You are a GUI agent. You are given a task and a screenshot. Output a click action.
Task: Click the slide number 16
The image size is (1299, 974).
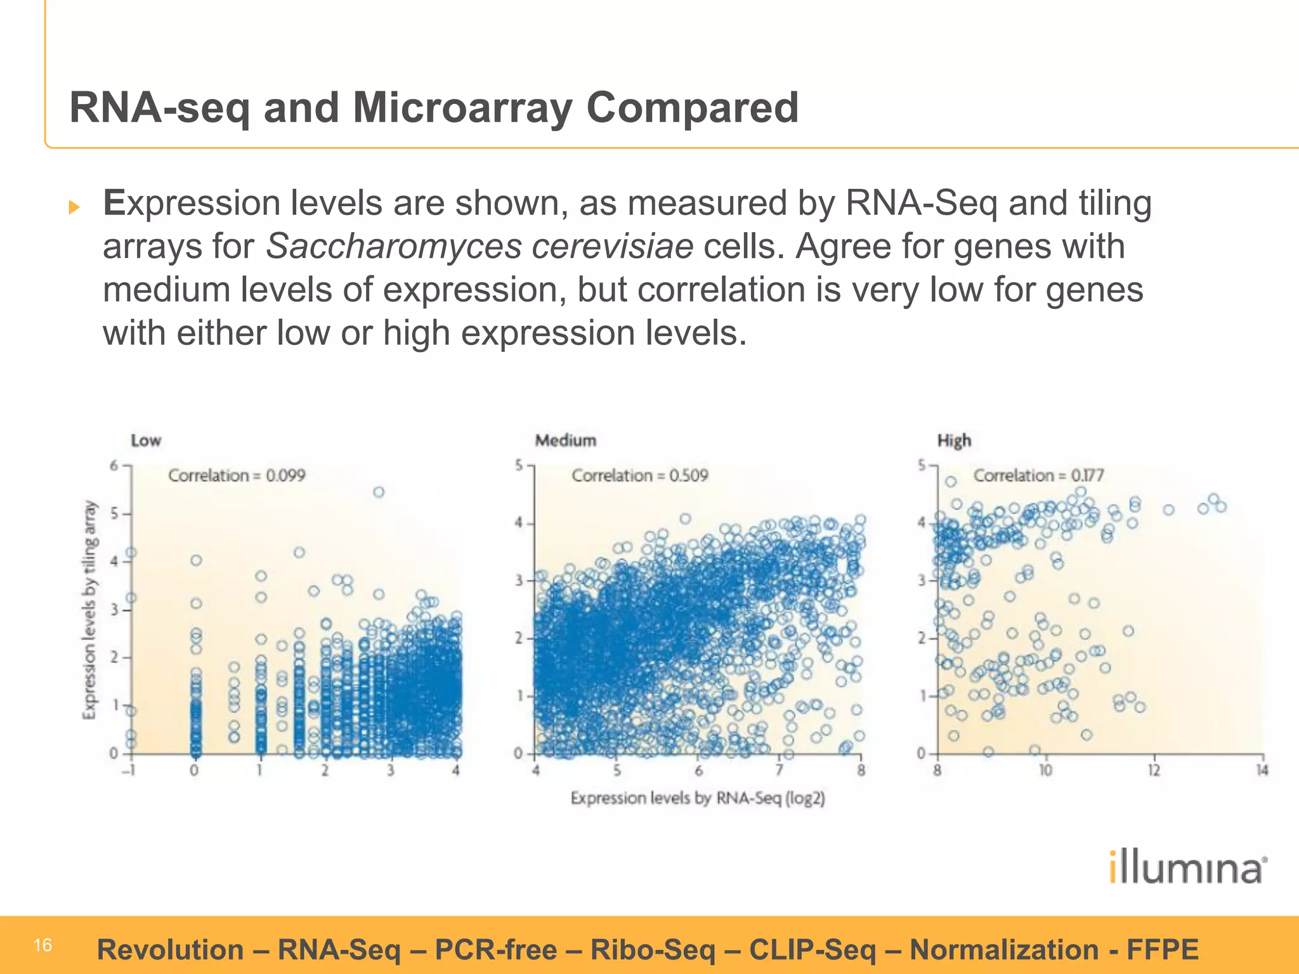[x=42, y=945]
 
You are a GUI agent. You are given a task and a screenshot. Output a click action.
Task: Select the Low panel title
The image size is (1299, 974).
[x=146, y=440]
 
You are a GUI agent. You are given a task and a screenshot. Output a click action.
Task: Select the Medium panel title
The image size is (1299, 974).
[x=565, y=440]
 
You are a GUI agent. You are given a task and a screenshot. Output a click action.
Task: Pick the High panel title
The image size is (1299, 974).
[x=954, y=440]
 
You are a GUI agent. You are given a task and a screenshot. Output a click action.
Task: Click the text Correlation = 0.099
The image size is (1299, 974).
[x=237, y=475]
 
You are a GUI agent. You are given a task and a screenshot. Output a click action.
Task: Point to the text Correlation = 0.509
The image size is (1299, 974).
[x=639, y=475]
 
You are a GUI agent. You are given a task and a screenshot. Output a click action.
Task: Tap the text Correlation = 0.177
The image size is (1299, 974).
[x=1038, y=475]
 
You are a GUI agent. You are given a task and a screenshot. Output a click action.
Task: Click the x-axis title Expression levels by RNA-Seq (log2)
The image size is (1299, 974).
[x=698, y=798]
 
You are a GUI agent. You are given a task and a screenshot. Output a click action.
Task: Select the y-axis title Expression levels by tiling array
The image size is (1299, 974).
[x=90, y=609]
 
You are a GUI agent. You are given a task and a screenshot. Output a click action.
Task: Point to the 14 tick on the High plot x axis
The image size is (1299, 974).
[x=1262, y=770]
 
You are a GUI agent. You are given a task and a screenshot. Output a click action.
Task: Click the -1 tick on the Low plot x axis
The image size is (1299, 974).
[x=130, y=770]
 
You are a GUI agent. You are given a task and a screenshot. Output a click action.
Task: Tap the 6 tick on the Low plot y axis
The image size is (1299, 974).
[x=114, y=466]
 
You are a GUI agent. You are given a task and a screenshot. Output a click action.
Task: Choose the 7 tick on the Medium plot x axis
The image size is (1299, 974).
[x=780, y=770]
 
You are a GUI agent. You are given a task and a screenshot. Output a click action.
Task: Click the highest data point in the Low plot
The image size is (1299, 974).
[x=379, y=492]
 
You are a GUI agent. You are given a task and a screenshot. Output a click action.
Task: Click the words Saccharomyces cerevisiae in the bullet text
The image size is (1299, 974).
[x=480, y=246]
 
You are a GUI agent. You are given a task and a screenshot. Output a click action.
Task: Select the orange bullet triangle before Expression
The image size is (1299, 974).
[x=75, y=207]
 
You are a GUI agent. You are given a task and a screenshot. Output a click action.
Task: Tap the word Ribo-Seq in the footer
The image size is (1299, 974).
[x=653, y=950]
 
